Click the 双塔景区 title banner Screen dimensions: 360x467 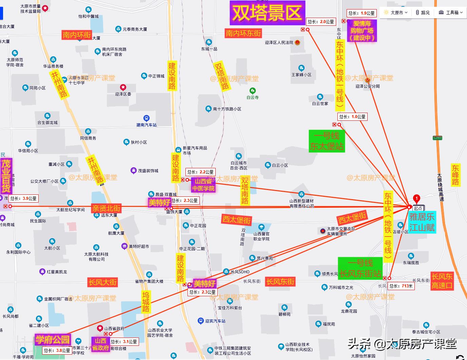267,13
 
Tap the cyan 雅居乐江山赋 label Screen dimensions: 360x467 422,222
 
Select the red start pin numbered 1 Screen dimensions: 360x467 416,199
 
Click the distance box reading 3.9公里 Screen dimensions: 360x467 23,199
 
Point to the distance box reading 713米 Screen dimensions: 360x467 401,286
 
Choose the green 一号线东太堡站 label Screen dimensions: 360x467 327,141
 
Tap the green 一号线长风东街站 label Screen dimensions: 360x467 360,268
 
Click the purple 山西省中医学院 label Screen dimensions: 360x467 203,185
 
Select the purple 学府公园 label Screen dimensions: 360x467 53,339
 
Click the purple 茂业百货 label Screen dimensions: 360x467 6,175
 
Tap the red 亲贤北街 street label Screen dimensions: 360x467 106,208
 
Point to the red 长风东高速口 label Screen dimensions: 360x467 442,281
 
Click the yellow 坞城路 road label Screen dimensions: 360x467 146,302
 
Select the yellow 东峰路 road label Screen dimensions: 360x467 455,175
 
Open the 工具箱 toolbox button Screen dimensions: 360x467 448,13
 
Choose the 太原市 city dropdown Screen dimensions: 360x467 395,13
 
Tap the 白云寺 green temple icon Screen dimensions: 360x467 252,91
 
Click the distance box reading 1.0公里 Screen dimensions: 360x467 353,117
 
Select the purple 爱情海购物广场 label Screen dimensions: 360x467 362,31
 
